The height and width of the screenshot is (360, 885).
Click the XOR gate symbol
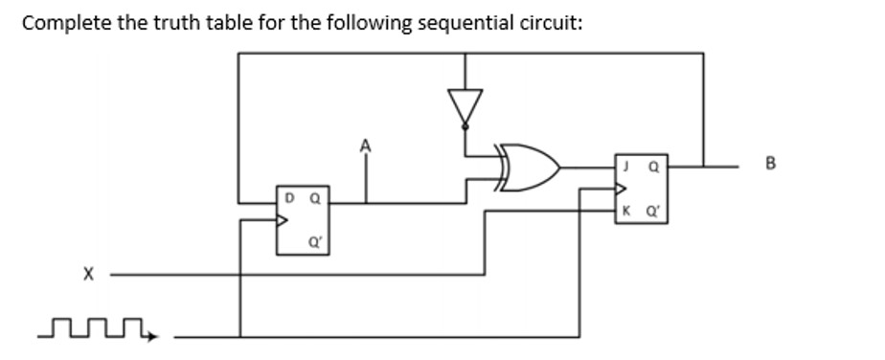click(x=526, y=169)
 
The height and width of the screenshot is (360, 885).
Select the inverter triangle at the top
click(x=465, y=104)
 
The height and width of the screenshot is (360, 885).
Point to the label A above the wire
click(x=364, y=146)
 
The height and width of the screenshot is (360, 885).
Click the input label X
click(x=87, y=275)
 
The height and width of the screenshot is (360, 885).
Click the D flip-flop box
click(x=302, y=220)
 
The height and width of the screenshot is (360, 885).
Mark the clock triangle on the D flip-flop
click(x=282, y=220)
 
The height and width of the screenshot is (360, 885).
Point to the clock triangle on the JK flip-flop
click(x=620, y=188)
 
